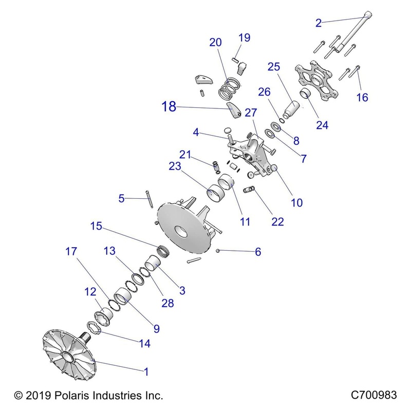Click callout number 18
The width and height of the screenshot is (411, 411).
[x=168, y=108]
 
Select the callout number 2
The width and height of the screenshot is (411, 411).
[x=318, y=23]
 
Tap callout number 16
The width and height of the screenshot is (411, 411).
[x=362, y=97]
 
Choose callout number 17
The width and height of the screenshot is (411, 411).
[x=70, y=252]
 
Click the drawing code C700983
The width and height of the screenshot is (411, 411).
[x=373, y=396]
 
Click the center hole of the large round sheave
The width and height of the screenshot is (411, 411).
[x=180, y=232]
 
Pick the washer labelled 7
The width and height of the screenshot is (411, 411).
[x=268, y=135]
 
